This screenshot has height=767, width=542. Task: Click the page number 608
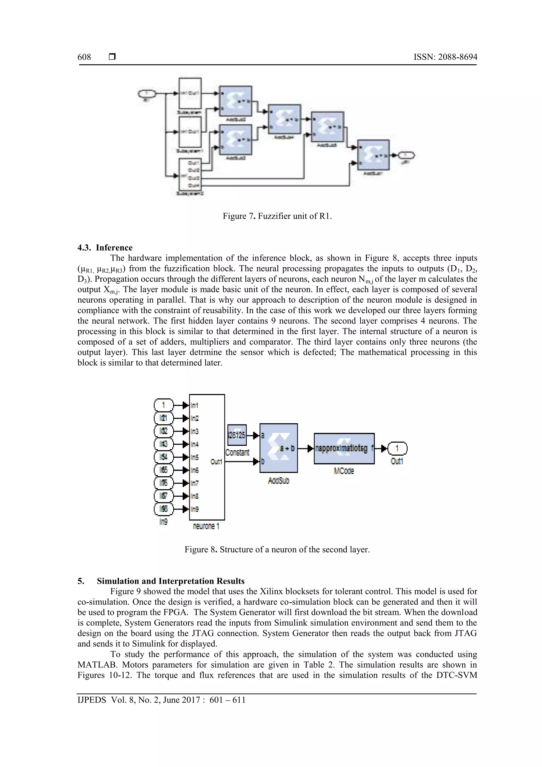[84, 57]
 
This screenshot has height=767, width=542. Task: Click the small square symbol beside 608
[112, 57]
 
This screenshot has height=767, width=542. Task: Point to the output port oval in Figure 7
[407, 155]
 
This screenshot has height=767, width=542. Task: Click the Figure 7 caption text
[277, 216]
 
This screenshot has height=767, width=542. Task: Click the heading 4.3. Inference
[105, 248]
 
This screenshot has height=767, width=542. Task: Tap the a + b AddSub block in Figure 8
[278, 448]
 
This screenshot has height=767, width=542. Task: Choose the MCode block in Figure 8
[344, 448]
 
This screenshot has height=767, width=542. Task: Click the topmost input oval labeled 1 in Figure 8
[164, 405]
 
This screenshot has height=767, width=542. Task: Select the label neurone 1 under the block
[206, 526]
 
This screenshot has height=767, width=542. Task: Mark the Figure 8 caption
[277, 550]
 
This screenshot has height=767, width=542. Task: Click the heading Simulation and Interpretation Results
[171, 581]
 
